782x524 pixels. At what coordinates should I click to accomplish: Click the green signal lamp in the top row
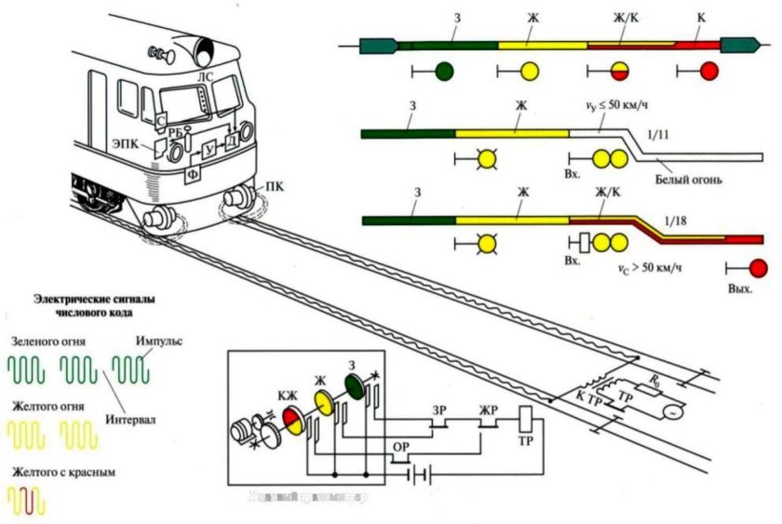(x=444, y=71)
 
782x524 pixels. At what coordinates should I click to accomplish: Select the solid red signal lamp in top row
(x=708, y=71)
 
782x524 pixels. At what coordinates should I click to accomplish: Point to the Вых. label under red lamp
(x=740, y=289)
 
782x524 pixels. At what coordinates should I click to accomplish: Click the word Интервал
(x=131, y=420)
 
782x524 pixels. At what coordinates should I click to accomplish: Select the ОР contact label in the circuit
(x=401, y=446)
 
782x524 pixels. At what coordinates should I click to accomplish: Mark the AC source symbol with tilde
(x=667, y=409)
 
